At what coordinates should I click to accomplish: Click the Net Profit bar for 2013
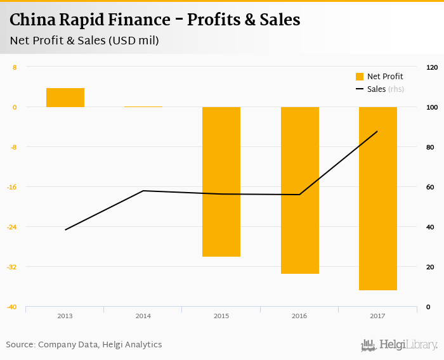[65, 98]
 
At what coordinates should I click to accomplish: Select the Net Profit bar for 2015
[221, 181]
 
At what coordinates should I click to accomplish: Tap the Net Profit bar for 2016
[299, 190]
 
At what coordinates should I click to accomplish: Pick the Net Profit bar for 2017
[378, 198]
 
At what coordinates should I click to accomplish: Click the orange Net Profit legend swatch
[360, 77]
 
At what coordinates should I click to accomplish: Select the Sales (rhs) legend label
[385, 89]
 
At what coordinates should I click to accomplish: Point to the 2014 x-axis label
[143, 316]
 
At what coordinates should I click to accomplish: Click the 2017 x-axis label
[377, 316]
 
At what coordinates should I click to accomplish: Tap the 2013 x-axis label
[65, 316]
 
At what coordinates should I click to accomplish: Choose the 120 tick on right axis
[432, 67]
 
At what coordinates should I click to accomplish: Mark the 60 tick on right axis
[431, 187]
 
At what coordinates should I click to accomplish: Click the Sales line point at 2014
[143, 191]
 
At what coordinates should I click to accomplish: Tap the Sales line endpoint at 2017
[377, 131]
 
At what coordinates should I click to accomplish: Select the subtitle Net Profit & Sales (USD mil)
[84, 41]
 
